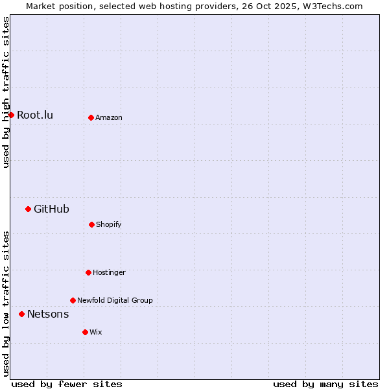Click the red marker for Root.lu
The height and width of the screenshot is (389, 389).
click(x=11, y=115)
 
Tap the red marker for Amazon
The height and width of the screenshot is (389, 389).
click(x=91, y=117)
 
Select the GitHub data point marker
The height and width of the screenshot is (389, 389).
click(x=28, y=209)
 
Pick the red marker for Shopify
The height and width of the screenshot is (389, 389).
click(x=91, y=224)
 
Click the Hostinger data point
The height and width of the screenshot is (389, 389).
click(x=88, y=272)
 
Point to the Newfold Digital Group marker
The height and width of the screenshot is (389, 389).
click(x=73, y=300)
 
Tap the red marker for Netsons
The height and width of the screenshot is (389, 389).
click(x=21, y=314)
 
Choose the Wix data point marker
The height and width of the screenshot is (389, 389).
click(x=85, y=332)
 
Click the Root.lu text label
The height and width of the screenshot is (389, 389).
click(x=35, y=115)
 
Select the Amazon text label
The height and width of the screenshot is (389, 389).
click(x=109, y=117)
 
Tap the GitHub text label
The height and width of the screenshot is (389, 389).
click(x=51, y=209)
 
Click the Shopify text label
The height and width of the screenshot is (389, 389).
click(x=109, y=224)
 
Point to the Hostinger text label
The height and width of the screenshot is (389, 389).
click(x=109, y=272)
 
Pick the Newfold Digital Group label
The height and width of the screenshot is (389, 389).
click(x=115, y=300)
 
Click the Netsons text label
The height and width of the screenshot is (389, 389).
click(x=48, y=314)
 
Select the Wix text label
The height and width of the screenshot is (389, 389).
click(x=96, y=332)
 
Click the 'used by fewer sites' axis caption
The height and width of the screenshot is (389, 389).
click(x=67, y=384)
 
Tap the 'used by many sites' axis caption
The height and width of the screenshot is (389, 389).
click(x=325, y=384)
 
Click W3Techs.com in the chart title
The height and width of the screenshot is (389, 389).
click(x=331, y=6)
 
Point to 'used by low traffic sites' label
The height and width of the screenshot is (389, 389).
click(x=6, y=303)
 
